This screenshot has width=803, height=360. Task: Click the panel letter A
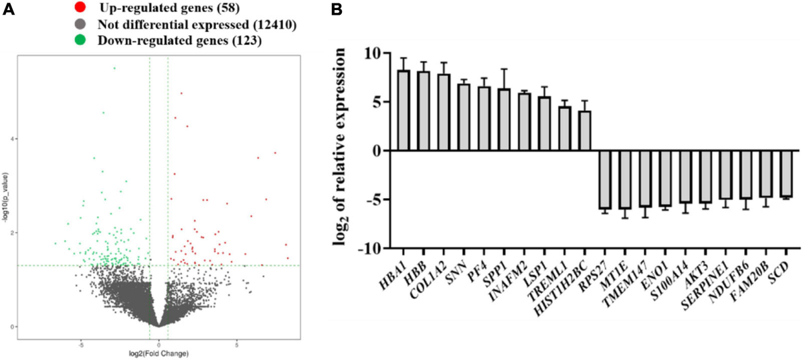8,9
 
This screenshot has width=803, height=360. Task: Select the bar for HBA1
404,110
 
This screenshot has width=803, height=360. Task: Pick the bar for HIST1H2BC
585,131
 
